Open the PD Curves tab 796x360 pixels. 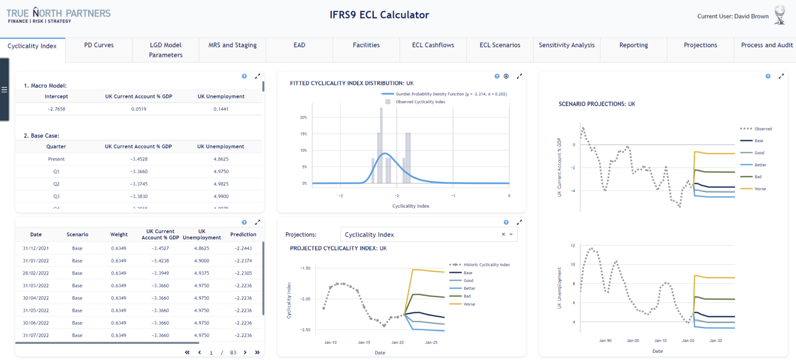pos(98,45)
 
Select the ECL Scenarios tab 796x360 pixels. pos(500,45)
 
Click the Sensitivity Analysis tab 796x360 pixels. pos(566,45)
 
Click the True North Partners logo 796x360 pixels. pos(58,15)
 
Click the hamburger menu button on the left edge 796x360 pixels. pos(4,90)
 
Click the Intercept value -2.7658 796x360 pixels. pos(56,109)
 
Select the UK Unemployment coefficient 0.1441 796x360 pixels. pos(221,109)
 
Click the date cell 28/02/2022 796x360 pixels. pos(36,273)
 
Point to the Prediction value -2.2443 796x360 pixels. pos(243,248)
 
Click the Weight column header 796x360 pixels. pos(119,235)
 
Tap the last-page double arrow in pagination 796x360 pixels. pos(257,352)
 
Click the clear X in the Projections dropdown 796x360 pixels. pos(503,235)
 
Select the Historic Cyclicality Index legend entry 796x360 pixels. pos(479,265)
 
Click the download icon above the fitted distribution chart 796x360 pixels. pos(506,76)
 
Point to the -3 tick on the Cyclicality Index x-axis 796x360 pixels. pos(340,196)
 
